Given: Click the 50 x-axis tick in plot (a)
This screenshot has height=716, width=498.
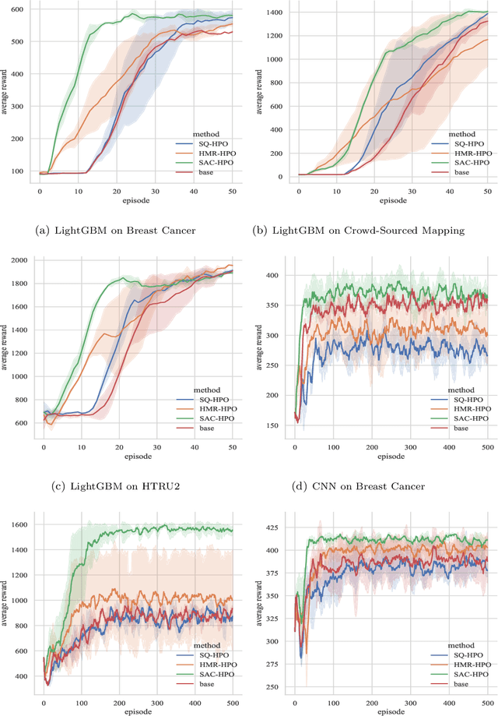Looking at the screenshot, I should [x=232, y=192].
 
